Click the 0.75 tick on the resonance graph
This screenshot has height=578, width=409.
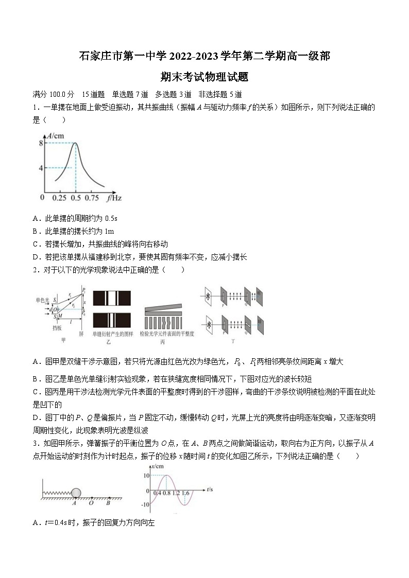pos(92,198)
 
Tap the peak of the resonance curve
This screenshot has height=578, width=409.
pos(76,144)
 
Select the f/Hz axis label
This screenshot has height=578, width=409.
pos(114,198)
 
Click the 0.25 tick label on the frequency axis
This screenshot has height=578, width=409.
pos(59,198)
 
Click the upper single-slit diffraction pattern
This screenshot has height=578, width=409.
pos(112,299)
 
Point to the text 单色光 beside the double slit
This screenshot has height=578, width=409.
pos(42,300)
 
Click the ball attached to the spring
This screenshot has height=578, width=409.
pos(76,493)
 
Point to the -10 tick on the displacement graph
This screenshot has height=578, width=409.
pos(145,504)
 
